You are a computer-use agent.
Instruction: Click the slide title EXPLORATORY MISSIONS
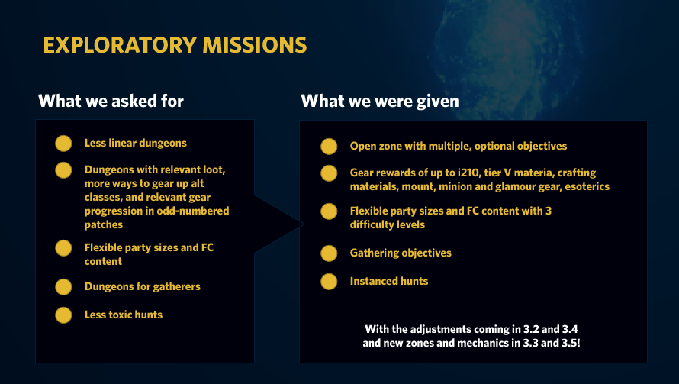tap(175, 45)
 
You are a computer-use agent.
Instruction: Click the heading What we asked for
tap(111, 101)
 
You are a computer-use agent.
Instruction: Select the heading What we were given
tap(380, 101)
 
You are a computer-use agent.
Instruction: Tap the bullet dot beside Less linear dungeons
tap(63, 144)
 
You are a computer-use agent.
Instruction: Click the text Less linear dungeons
tap(136, 143)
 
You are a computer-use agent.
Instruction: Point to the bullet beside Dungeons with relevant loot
tap(63, 170)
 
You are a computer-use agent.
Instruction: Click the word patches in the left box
tap(104, 225)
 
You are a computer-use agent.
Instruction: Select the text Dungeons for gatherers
tap(143, 286)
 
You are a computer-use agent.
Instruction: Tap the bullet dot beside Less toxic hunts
tap(63, 315)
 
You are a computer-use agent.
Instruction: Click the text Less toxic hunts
tap(124, 315)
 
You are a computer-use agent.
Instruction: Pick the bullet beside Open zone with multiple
tap(329, 147)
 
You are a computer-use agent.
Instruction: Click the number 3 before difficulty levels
tap(549, 211)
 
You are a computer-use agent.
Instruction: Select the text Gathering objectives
tap(401, 253)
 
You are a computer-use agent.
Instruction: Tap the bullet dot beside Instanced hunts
tap(329, 282)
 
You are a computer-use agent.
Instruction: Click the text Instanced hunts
tap(389, 281)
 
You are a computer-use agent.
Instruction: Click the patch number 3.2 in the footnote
tap(531, 329)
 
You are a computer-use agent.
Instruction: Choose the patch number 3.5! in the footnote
tap(571, 343)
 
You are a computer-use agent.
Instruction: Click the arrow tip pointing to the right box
tap(304, 224)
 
